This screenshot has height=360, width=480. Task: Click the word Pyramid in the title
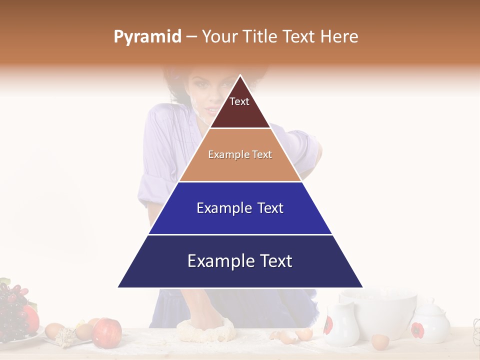[147, 37]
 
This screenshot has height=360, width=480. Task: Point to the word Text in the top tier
[239, 101]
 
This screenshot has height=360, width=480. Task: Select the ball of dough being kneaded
[205, 329]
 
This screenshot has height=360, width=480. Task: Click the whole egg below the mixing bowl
[380, 342]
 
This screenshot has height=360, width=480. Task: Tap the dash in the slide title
[191, 37]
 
